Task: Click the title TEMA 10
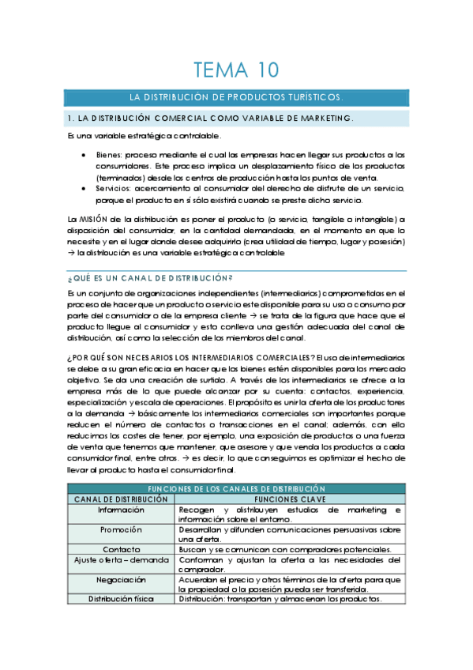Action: tap(236, 70)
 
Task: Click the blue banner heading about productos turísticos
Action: tap(236, 98)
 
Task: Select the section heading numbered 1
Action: tap(210, 119)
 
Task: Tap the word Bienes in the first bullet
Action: tap(110, 155)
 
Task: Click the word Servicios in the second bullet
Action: tap(114, 189)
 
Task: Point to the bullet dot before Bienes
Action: tap(84, 155)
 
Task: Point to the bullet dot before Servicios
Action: tap(84, 189)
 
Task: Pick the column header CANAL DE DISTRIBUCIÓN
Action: tap(121, 500)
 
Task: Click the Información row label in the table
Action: tap(121, 510)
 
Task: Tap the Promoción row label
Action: tap(121, 529)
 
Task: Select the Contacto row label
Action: tap(121, 549)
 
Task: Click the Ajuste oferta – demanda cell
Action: tap(121, 559)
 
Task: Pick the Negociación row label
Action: tap(121, 578)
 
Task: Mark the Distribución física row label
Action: tap(121, 598)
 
